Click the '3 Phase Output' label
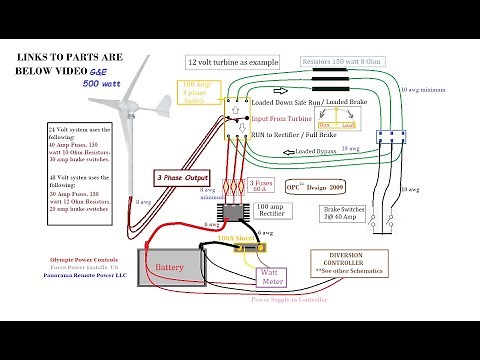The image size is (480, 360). pyautogui.click(x=180, y=176)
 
